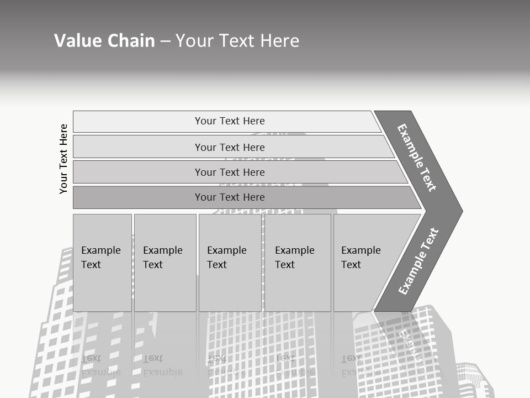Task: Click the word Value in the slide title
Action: [77, 41]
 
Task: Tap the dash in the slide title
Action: [165, 41]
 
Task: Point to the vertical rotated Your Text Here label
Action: [63, 159]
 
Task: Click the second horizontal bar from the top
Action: [229, 147]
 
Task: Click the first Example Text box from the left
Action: [102, 262]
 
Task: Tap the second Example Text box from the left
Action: [165, 262]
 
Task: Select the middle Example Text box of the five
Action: [229, 262]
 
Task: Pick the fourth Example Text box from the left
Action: [297, 262]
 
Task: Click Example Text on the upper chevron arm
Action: [417, 158]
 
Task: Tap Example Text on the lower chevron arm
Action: [418, 261]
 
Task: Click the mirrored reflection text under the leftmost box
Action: [100, 365]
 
